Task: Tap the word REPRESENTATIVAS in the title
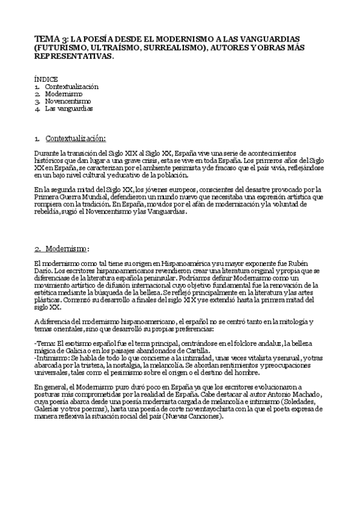[x=74, y=55]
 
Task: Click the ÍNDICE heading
[x=46, y=79]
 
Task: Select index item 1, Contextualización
[x=72, y=87]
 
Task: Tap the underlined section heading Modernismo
[x=67, y=248]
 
